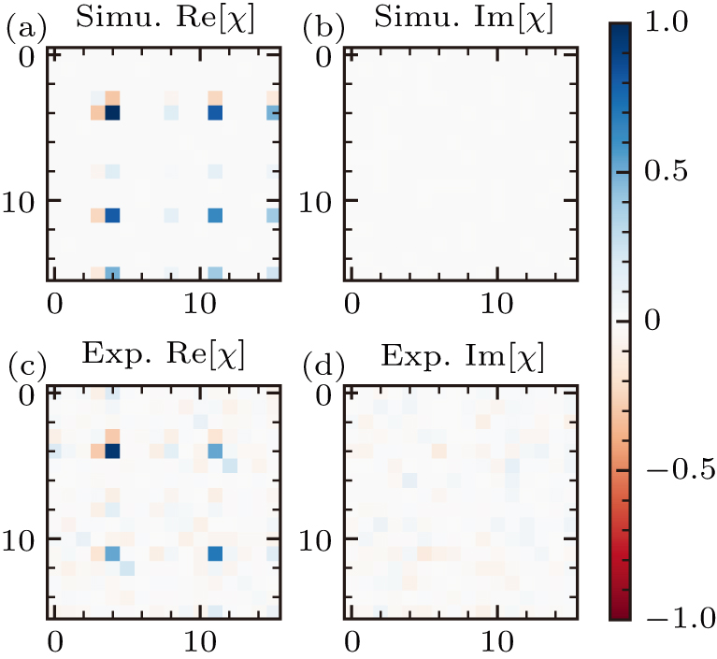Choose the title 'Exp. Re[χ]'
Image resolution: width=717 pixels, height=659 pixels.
pyautogui.click(x=163, y=355)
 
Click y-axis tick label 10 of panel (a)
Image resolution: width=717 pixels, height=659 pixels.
pyautogui.click(x=22, y=201)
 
